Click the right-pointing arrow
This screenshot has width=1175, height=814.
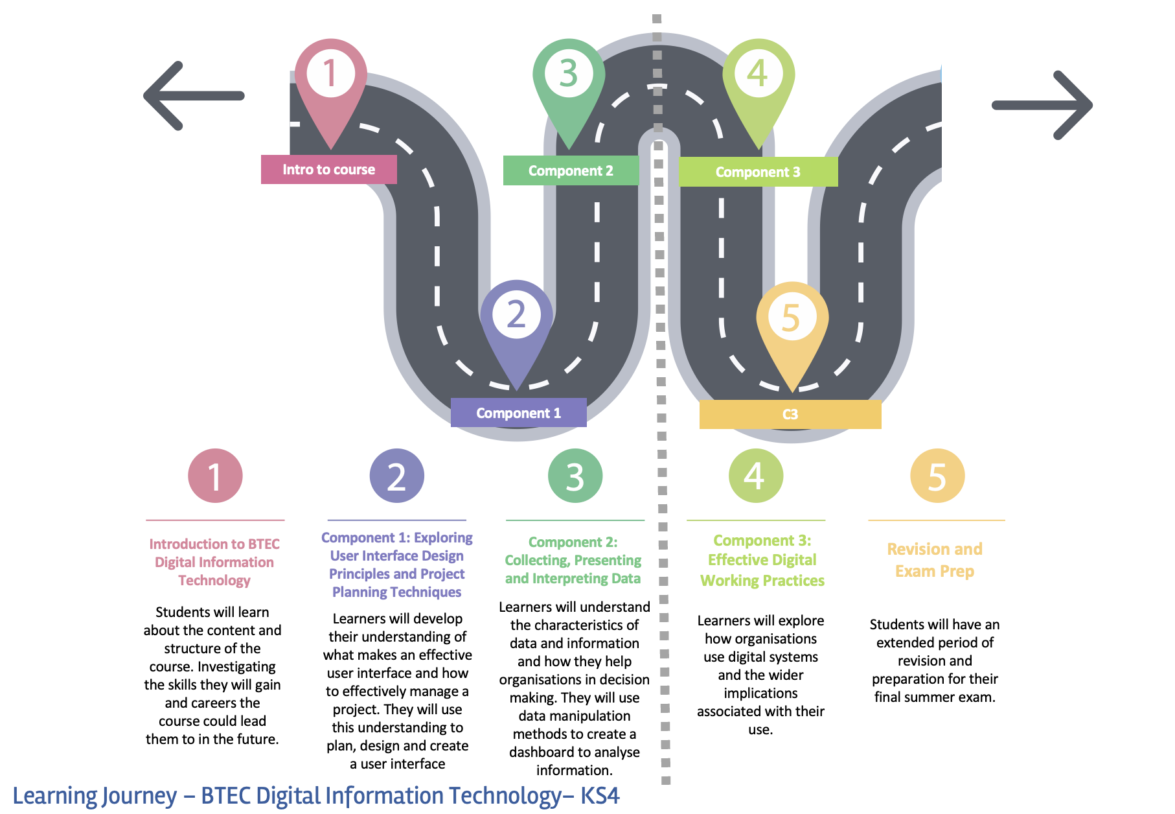click(x=1042, y=105)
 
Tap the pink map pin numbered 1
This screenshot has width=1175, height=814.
click(x=330, y=81)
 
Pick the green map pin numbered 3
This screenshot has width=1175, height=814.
click(x=569, y=81)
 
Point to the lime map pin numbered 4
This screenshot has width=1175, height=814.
click(x=758, y=81)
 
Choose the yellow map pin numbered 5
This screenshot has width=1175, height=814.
click(x=792, y=324)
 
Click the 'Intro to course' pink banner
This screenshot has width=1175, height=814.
click(x=328, y=169)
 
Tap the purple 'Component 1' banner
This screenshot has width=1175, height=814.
click(x=518, y=413)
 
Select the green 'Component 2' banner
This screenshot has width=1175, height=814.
click(x=571, y=170)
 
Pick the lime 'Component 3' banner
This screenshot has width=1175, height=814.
click(x=758, y=172)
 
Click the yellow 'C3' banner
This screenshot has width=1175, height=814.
click(x=790, y=414)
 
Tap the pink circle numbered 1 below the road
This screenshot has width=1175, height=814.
click(x=215, y=476)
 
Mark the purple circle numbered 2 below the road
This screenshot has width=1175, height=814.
click(x=396, y=476)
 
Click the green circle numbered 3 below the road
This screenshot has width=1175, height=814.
click(x=575, y=476)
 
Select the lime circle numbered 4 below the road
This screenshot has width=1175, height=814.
click(x=755, y=476)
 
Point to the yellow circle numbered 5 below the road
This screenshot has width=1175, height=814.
click(x=937, y=476)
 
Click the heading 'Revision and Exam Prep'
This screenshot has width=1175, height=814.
click(x=935, y=560)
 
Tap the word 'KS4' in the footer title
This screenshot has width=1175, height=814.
click(x=600, y=795)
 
